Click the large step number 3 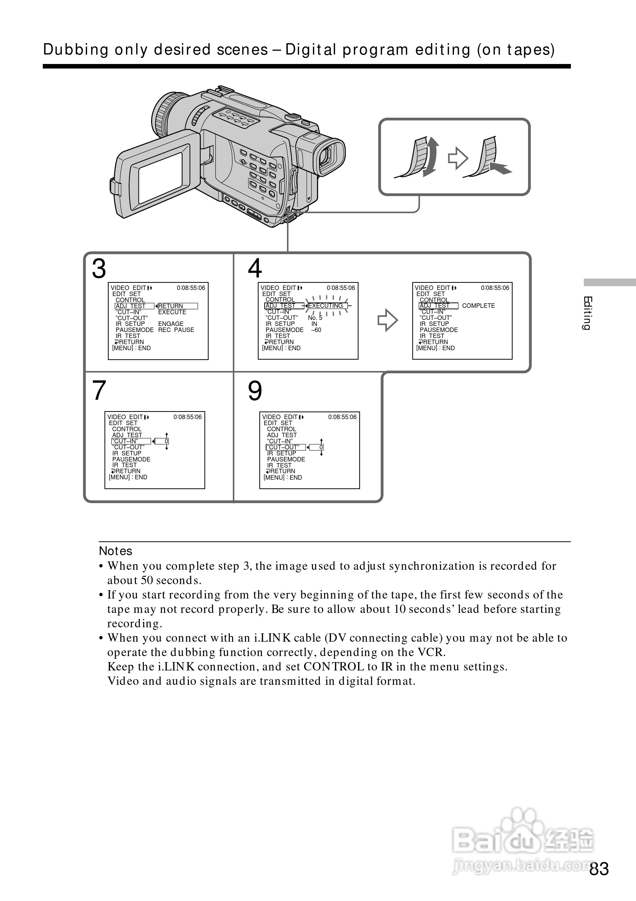pos(99,269)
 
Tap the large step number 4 pos(255,268)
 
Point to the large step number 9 pos(255,391)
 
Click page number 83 pos(599,869)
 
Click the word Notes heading pos(115,551)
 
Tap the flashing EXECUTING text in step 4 pos(326,306)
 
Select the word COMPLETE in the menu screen pos(478,306)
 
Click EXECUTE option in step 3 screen pos(172,312)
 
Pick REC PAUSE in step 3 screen pos(176,330)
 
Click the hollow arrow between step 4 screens pos(388,320)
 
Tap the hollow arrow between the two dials pos(458,158)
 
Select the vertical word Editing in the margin pos(587,313)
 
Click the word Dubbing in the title pos(76,50)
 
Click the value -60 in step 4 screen pos(316,330)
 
